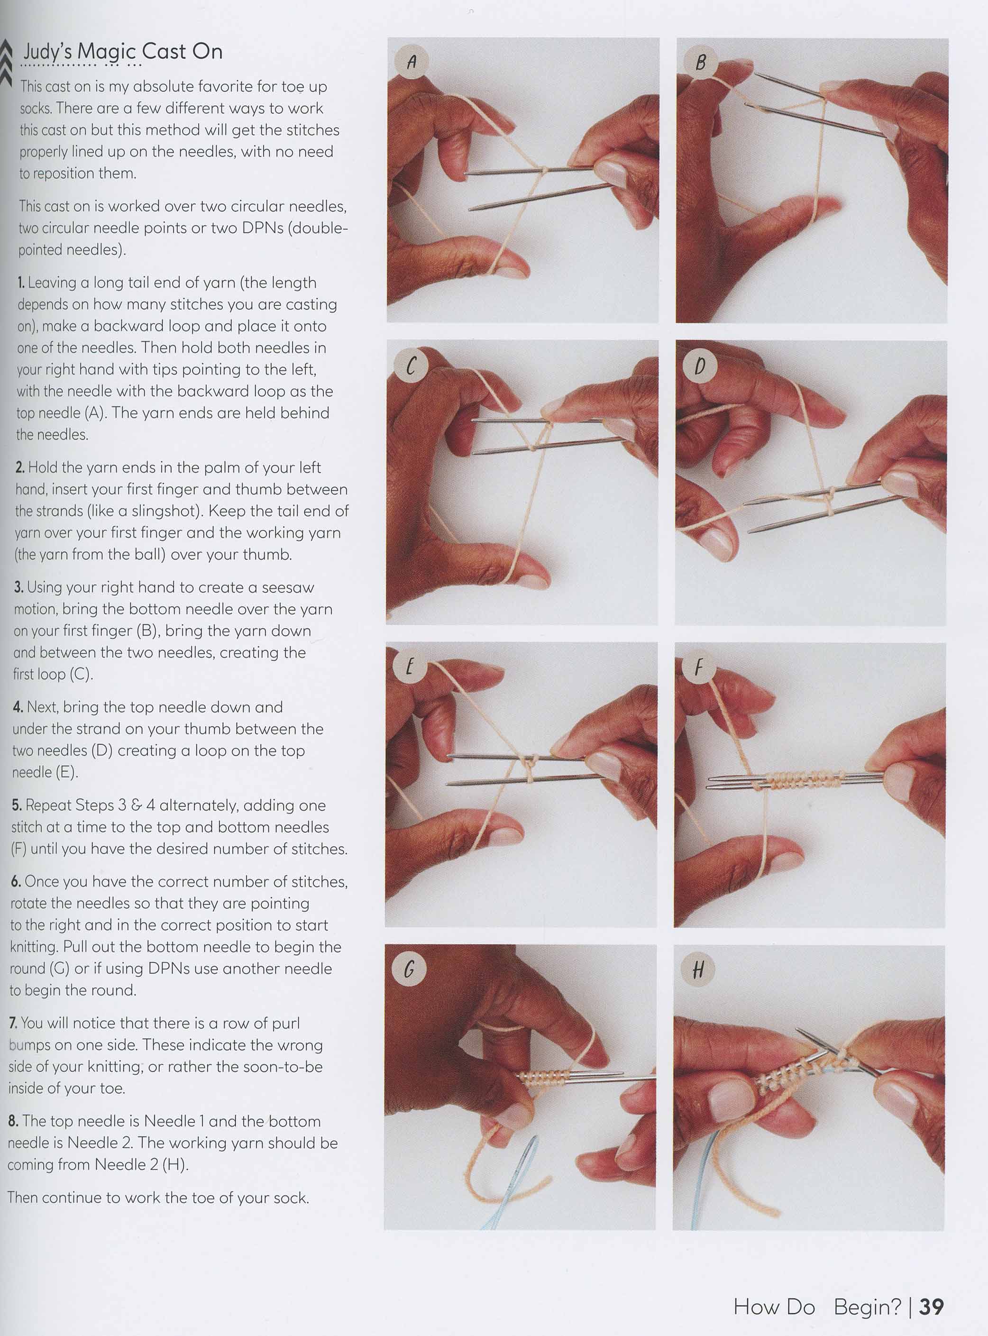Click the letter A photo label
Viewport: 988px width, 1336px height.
[412, 62]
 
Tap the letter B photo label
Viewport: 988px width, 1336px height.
[700, 62]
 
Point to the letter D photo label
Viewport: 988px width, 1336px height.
[700, 366]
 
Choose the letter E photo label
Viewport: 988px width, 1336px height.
[410, 666]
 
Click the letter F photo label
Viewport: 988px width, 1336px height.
[698, 666]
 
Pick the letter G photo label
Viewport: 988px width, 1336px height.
[409, 969]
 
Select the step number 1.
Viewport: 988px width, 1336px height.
[21, 282]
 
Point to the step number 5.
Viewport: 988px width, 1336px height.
[17, 805]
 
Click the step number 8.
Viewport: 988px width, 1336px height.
[14, 1121]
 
